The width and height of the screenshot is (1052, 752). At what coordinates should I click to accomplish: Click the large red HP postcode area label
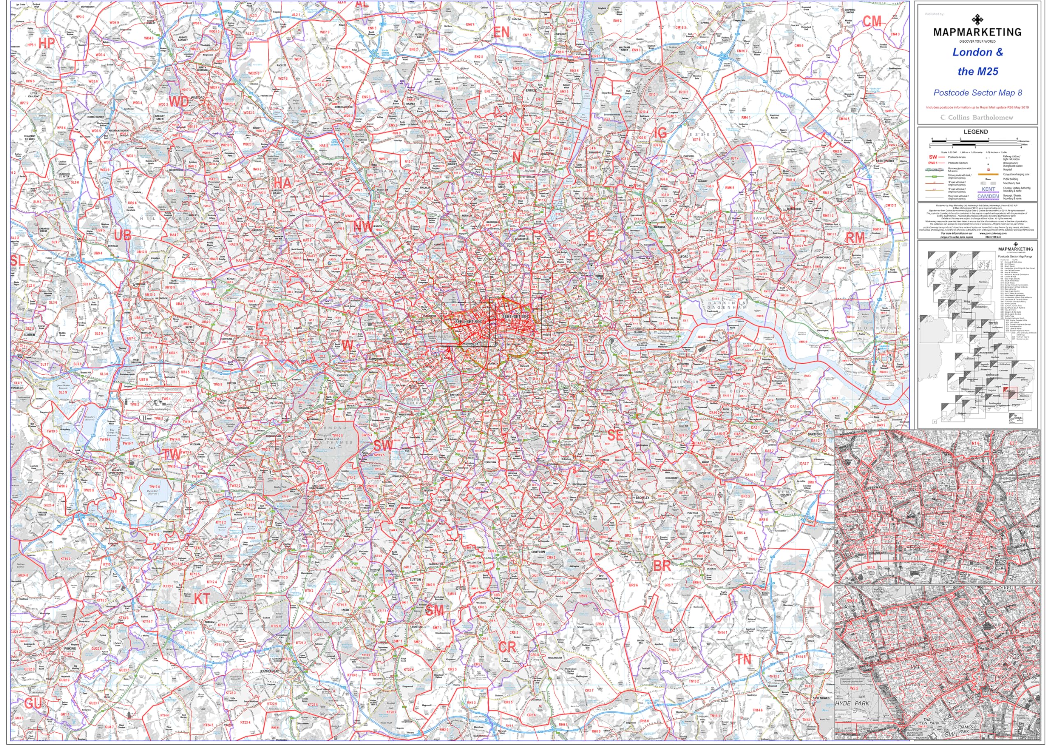(46, 43)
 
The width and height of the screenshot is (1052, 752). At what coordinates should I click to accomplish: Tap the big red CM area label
(872, 21)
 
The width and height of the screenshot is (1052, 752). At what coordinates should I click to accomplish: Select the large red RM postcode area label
(855, 238)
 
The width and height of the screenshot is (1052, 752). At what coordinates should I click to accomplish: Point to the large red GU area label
(33, 704)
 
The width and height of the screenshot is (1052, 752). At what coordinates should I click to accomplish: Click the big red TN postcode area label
(744, 660)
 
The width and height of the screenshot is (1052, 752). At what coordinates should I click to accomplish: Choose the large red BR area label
(662, 565)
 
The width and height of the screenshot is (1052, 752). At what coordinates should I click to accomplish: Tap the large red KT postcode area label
(202, 598)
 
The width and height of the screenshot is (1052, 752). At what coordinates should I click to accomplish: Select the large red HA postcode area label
(282, 182)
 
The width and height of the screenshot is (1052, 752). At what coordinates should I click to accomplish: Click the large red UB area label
(122, 235)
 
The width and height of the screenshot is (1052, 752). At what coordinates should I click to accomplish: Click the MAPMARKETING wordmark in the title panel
(977, 32)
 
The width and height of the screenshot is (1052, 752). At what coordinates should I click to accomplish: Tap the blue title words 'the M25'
(978, 72)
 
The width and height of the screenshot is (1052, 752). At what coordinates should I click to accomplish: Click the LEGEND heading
(976, 132)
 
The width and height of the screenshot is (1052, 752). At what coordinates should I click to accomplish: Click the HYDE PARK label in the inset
(852, 704)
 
